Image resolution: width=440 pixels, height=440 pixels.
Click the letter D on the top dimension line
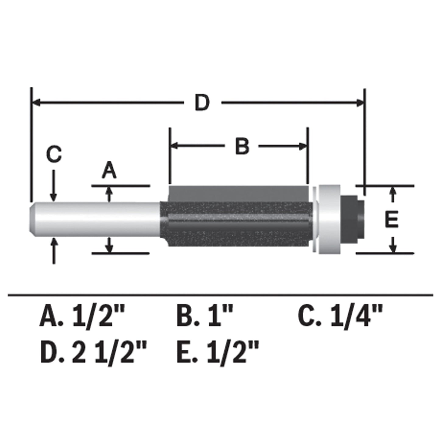point(202,103)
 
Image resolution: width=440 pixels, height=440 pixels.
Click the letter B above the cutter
point(242,146)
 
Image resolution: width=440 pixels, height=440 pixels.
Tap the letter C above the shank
point(54,154)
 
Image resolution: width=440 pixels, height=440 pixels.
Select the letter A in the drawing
point(109,171)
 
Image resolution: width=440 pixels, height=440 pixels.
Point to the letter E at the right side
point(392,220)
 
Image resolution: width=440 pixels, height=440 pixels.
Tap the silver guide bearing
point(329,219)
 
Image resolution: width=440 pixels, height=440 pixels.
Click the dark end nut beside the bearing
point(352,219)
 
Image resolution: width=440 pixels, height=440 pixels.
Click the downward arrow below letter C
point(54,196)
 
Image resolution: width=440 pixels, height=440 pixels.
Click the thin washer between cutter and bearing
point(314,219)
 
